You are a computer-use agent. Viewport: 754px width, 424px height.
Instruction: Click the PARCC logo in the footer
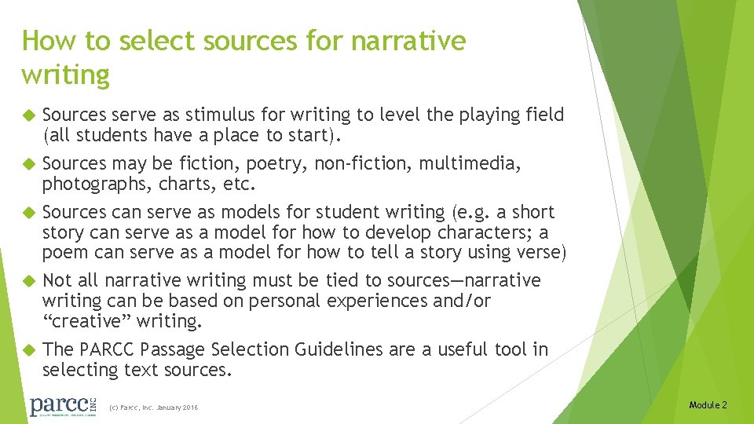(61, 406)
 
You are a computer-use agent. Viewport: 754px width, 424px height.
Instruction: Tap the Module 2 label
(708, 405)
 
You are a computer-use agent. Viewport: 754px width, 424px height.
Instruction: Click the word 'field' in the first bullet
(546, 115)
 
